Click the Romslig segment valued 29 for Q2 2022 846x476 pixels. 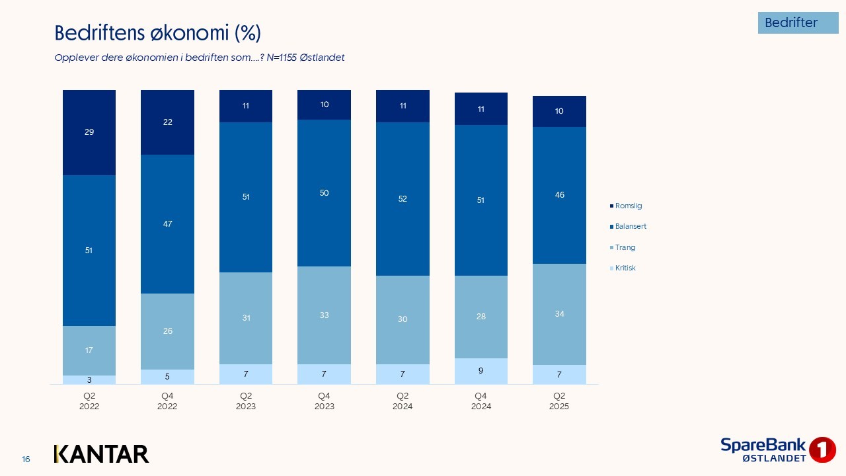click(x=89, y=132)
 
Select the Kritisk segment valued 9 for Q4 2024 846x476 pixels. click(x=481, y=371)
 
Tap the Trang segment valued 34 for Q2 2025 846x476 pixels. click(x=559, y=314)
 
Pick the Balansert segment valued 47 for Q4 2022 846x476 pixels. click(x=167, y=224)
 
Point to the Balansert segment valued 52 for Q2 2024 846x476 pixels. click(x=403, y=199)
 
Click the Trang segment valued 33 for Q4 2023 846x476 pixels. click(x=324, y=315)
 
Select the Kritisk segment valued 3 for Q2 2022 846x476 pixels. click(x=89, y=380)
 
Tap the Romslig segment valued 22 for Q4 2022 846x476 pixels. click(x=167, y=122)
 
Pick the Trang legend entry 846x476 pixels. click(x=625, y=247)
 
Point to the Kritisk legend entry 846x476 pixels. click(x=625, y=268)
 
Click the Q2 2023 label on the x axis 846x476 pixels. click(x=246, y=401)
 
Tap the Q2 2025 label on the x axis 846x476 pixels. click(x=559, y=401)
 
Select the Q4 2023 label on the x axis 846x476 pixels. click(x=324, y=401)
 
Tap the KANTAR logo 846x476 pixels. click(x=101, y=454)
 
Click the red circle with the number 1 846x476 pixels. click(x=822, y=450)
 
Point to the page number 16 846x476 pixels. click(x=26, y=459)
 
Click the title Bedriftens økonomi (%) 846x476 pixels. click(x=157, y=32)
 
